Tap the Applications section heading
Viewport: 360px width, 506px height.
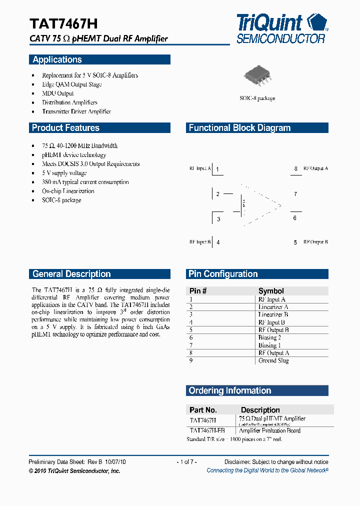[x=57, y=59]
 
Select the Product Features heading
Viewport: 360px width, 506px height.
[x=65, y=128]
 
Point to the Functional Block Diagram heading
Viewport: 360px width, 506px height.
[x=239, y=128]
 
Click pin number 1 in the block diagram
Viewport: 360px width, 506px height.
[x=218, y=169]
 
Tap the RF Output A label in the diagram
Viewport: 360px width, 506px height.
[x=315, y=168]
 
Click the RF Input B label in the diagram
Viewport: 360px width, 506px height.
[x=200, y=242]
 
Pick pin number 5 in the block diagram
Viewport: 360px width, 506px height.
[x=295, y=242]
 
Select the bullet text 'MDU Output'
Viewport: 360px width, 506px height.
[x=58, y=93]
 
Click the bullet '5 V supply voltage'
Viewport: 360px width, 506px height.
[x=64, y=173]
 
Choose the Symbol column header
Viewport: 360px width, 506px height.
[x=271, y=291]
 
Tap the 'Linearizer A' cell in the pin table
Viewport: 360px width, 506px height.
[x=273, y=307]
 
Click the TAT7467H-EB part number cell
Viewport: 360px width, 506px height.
[x=207, y=430]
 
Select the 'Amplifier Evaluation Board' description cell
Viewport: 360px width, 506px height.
[x=270, y=430]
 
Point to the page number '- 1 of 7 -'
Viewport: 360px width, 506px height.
[x=186, y=462]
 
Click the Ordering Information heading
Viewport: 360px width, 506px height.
[x=230, y=390]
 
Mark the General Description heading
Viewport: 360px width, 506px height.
[x=71, y=274]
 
